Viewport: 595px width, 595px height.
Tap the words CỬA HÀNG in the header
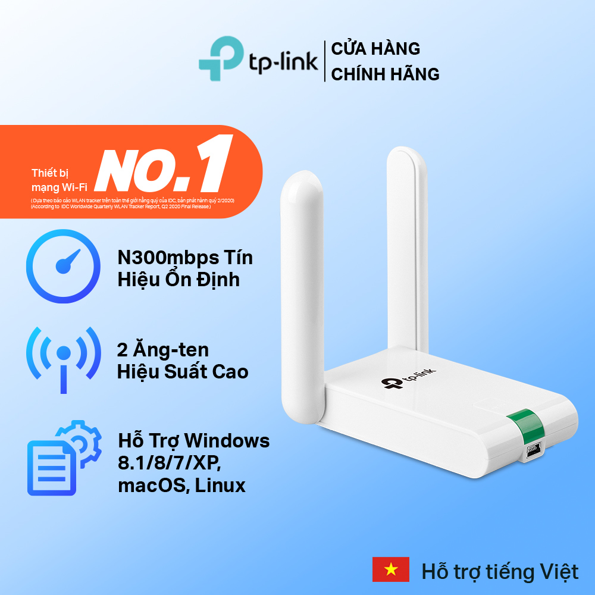[x=376, y=48]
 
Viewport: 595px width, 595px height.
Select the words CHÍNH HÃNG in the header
[x=385, y=74]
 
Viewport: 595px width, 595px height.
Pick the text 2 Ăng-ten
[x=162, y=349]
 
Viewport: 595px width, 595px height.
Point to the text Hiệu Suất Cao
[x=183, y=371]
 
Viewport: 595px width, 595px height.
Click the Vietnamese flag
[x=390, y=569]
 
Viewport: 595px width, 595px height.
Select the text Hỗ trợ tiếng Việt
[x=500, y=572]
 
